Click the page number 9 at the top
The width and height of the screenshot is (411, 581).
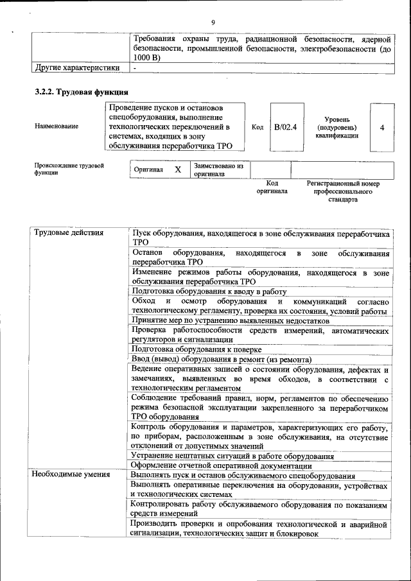(x=213, y=23)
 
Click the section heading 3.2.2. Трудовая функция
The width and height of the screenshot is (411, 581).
(x=76, y=92)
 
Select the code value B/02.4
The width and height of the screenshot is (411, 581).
(x=285, y=127)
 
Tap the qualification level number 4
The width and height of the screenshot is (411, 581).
(x=382, y=127)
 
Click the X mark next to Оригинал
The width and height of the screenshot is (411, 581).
(x=179, y=169)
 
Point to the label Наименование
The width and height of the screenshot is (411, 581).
(x=57, y=126)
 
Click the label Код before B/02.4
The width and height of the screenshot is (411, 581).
(x=257, y=127)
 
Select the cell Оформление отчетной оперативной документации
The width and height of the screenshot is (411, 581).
(x=222, y=465)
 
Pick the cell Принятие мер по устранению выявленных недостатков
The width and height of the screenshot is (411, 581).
(x=231, y=320)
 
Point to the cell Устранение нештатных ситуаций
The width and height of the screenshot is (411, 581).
(x=232, y=456)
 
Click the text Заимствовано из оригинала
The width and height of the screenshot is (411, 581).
(x=218, y=169)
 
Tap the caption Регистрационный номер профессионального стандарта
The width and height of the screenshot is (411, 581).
(x=343, y=191)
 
